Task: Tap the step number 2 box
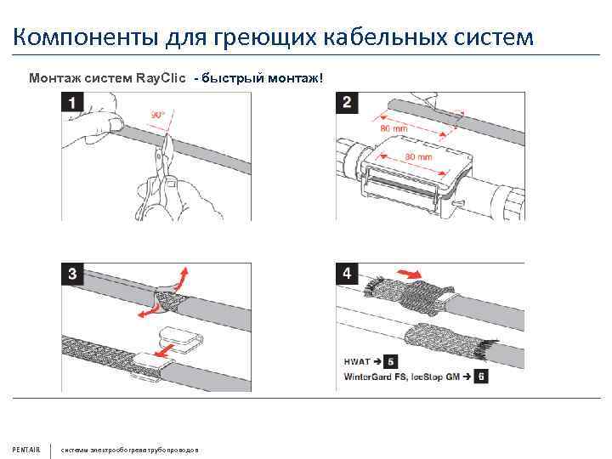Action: tap(348, 104)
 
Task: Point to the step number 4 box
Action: tap(348, 274)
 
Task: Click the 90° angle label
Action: tap(157, 114)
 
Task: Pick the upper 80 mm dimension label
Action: tap(394, 127)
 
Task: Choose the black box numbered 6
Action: tap(481, 375)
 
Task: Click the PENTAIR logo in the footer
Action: tap(26, 449)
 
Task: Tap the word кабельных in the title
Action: tap(394, 37)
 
